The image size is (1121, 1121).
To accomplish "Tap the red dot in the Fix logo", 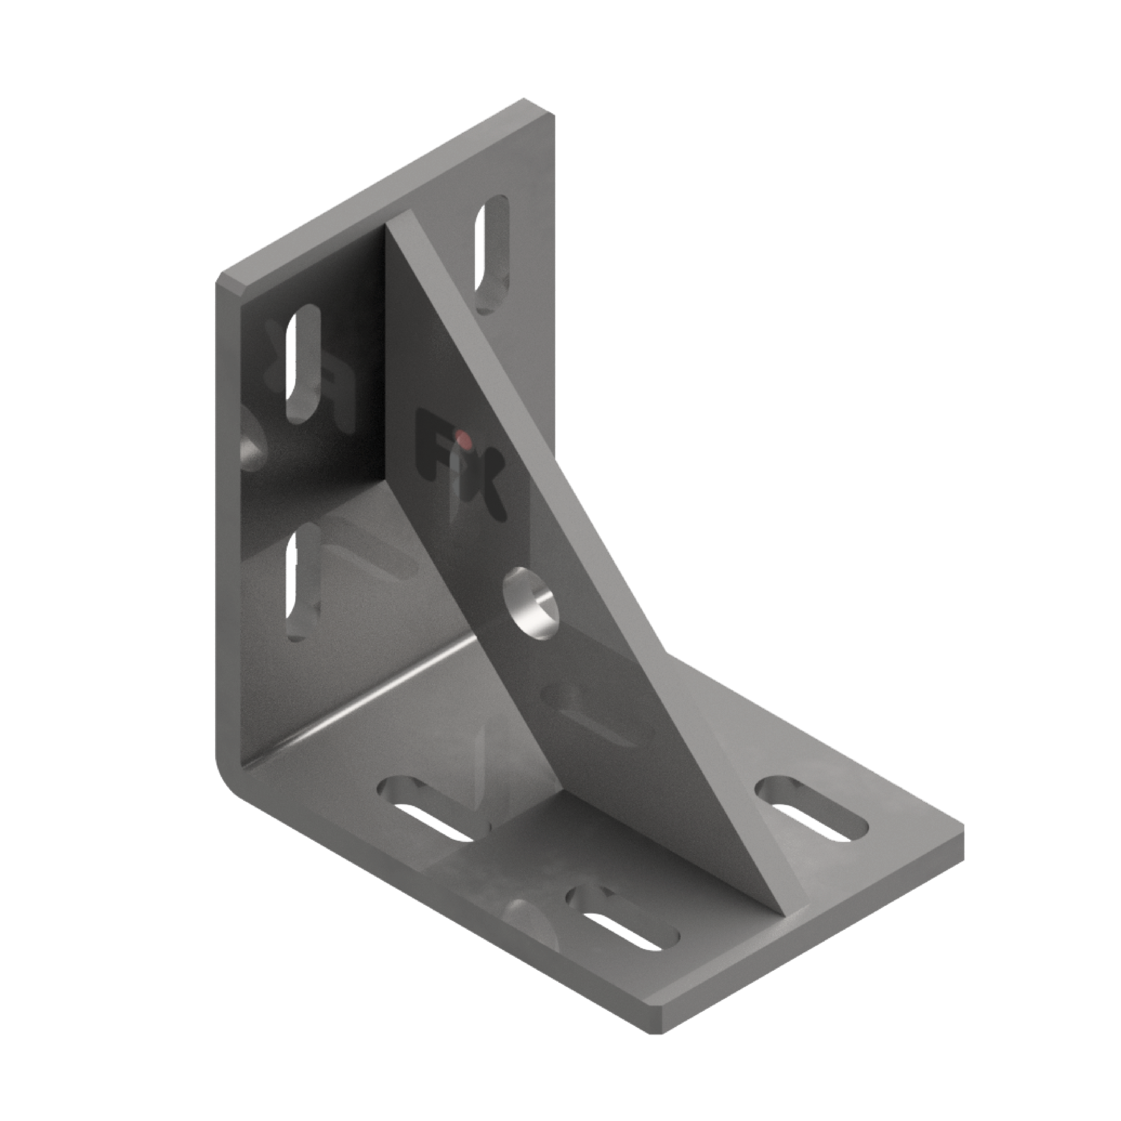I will point(461,436).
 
